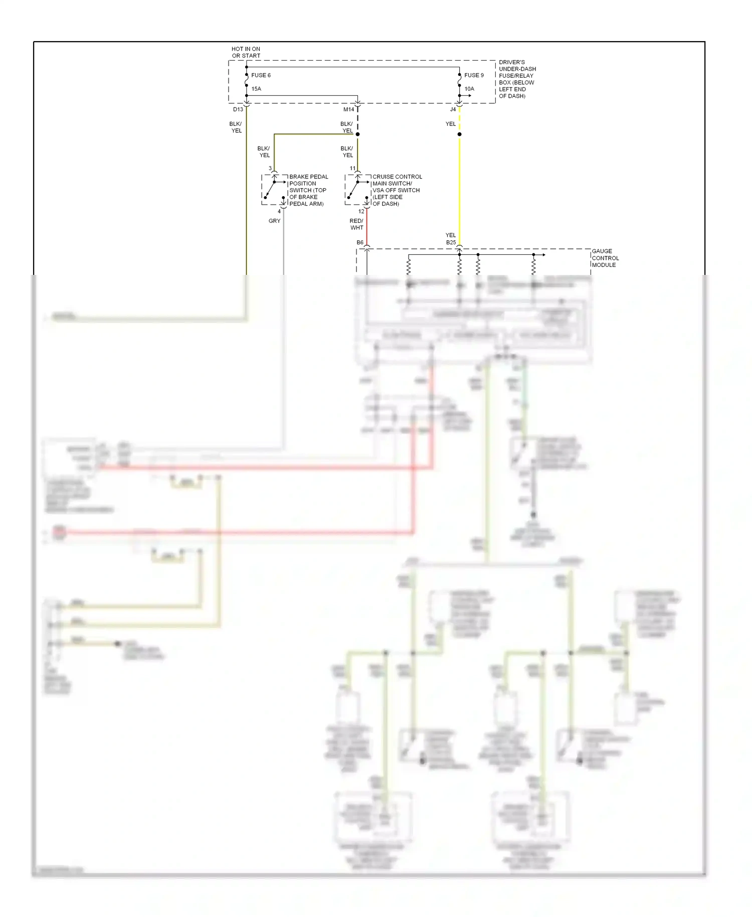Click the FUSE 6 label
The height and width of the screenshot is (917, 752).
pos(261,75)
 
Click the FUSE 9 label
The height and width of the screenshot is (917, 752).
pos(474,75)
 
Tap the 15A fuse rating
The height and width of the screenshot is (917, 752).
pos(256,89)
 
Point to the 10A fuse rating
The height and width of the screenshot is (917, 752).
pos(469,89)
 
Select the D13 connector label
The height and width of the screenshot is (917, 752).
pos(238,109)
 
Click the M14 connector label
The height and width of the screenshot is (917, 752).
pos(349,109)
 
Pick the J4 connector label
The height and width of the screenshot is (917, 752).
pos(453,109)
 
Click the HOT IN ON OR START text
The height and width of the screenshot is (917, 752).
pos(246,52)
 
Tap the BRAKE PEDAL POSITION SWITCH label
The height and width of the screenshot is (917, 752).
pos(308,190)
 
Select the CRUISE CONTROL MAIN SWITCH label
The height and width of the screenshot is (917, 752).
pos(397,190)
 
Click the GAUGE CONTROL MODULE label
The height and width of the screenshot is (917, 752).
pos(605,258)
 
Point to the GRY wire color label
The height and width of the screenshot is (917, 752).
pos(274,221)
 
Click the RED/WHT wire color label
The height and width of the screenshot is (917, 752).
pos(356,224)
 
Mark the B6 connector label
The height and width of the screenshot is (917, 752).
pos(360,242)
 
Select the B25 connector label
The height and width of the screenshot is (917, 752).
pos(451,242)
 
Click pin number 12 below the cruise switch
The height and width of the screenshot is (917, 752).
pos(361,211)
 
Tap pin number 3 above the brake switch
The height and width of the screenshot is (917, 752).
pos(270,169)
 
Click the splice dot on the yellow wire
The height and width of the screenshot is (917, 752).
pos(459,134)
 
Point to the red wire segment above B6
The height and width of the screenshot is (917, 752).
pos(366,228)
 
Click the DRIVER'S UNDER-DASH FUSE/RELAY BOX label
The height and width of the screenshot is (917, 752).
pos(517,79)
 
